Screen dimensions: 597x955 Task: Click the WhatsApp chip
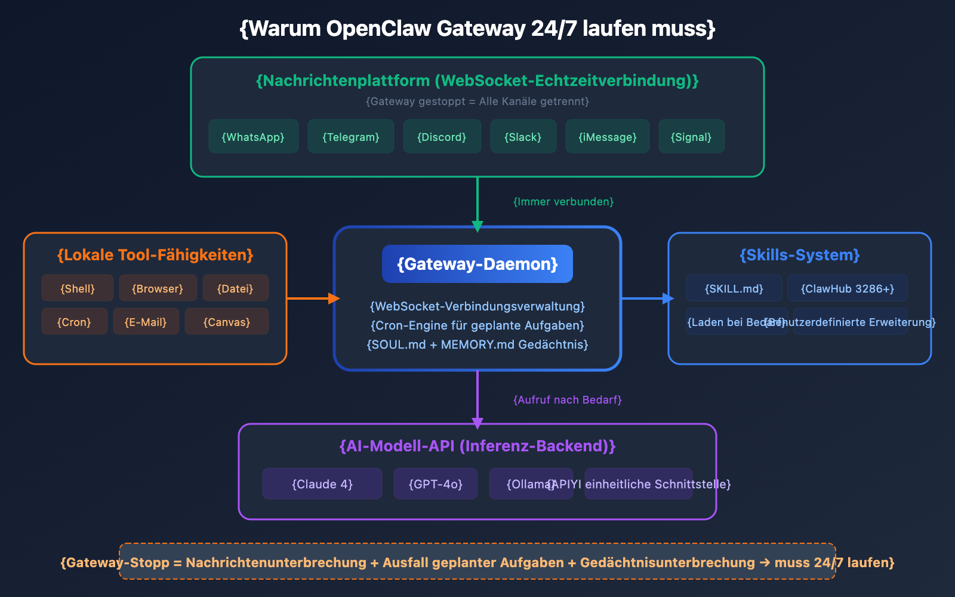pyautogui.click(x=253, y=137)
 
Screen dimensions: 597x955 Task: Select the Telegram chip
pyautogui.click(x=350, y=137)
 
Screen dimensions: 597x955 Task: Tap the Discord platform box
pyautogui.click(x=442, y=137)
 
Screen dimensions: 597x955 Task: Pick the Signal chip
pyautogui.click(x=691, y=137)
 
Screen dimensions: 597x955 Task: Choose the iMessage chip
pyautogui.click(x=607, y=137)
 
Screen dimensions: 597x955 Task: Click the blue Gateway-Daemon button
pyautogui.click(x=477, y=264)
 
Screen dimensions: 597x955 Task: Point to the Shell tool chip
pyautogui.click(x=77, y=288)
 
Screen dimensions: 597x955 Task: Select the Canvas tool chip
pyautogui.click(x=226, y=322)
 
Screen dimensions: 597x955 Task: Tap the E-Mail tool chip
pyautogui.click(x=146, y=322)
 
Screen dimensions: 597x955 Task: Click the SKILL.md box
pyautogui.click(x=734, y=288)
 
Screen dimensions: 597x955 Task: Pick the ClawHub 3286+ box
pyautogui.click(x=847, y=288)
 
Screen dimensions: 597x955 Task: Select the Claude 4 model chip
pyautogui.click(x=322, y=484)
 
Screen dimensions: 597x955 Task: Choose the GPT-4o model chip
pyautogui.click(x=435, y=484)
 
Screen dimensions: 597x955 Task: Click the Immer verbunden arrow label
pyautogui.click(x=563, y=202)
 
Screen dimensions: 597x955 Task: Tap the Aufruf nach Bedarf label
pyautogui.click(x=567, y=400)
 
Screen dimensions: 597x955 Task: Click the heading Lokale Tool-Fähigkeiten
pyautogui.click(x=155, y=255)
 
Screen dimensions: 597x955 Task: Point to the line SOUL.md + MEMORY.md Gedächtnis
pyautogui.click(x=477, y=344)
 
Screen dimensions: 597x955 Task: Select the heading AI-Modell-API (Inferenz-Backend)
pyautogui.click(x=477, y=446)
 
